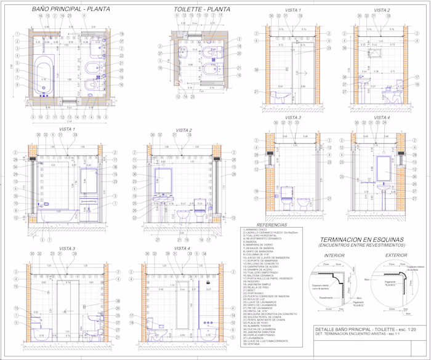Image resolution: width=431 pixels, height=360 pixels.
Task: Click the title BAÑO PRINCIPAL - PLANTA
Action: (x=71, y=9)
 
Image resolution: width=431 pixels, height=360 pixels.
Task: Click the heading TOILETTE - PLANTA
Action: (x=202, y=9)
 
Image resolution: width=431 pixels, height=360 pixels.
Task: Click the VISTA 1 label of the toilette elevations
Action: (x=293, y=10)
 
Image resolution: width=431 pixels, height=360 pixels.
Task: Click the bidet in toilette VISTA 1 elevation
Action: (x=285, y=97)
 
